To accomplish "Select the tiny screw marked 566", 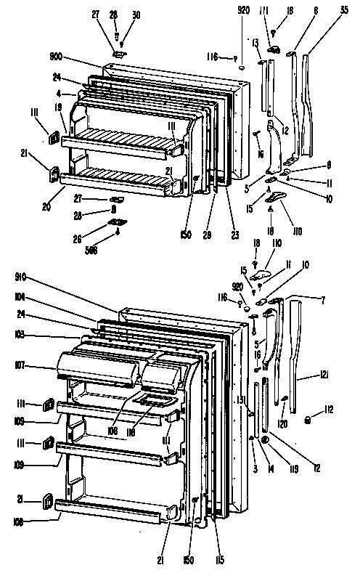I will pos(117,233).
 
